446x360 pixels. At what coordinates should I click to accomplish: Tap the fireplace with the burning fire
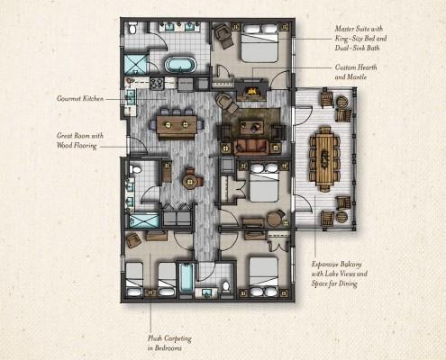tap(251, 91)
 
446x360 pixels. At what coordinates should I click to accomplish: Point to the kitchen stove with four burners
tap(155, 84)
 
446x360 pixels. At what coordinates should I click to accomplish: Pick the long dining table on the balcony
tap(324, 157)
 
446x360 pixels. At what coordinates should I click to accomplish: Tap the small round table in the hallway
tap(191, 180)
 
